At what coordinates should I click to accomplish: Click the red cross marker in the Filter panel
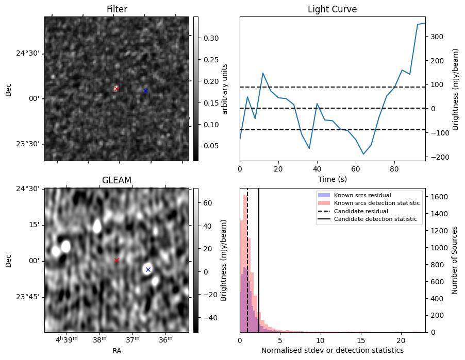click(117, 89)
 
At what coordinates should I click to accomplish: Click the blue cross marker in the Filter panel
click(146, 91)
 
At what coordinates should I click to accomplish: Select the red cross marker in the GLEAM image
click(117, 260)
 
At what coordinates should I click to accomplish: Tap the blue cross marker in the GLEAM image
click(148, 269)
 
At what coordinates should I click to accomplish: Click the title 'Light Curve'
click(332, 9)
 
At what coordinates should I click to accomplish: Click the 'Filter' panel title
click(117, 9)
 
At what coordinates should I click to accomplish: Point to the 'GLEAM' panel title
click(117, 180)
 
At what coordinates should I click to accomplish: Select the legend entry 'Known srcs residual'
click(362, 195)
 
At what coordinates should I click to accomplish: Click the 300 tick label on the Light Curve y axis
click(437, 37)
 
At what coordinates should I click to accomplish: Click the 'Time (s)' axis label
click(332, 179)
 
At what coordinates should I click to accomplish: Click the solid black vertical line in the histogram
click(259, 268)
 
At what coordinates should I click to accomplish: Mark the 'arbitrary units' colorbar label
click(225, 89)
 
